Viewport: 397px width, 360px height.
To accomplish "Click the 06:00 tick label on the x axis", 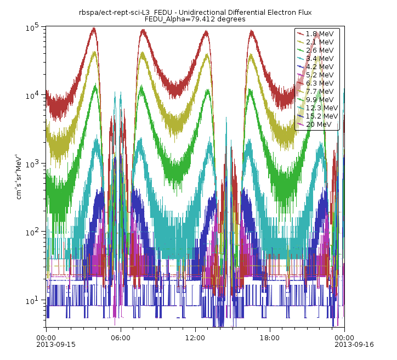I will (120, 338).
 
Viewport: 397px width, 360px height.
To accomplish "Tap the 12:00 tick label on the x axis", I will (195, 338).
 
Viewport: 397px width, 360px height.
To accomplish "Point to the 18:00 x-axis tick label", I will (269, 338).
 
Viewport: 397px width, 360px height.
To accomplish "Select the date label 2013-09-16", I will (344, 345).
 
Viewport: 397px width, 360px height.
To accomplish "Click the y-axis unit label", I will (20, 176).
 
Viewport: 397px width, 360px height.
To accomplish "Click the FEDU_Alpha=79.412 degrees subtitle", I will (195, 19).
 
